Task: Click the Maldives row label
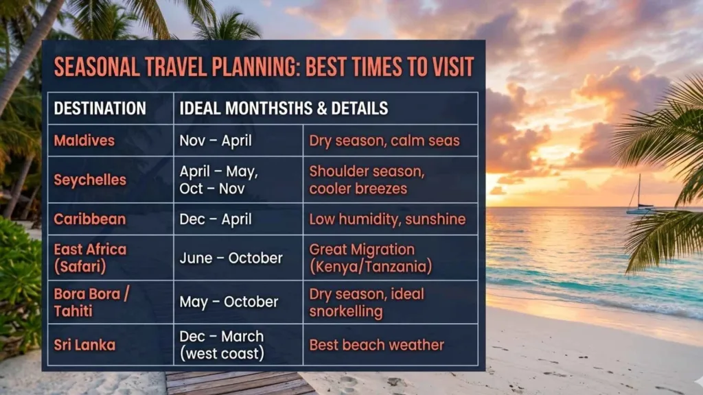84,141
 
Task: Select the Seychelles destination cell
90,180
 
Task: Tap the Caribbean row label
90,219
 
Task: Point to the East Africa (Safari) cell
90,258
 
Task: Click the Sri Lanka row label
84,345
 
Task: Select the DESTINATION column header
100,108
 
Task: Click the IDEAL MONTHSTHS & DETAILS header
284,108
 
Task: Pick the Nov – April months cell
216,141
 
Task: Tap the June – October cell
231,259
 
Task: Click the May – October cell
229,302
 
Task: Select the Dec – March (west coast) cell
222,345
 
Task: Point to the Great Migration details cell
371,259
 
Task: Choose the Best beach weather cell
377,345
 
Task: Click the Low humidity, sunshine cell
387,219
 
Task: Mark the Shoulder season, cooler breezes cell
367,180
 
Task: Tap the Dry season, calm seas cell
384,141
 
